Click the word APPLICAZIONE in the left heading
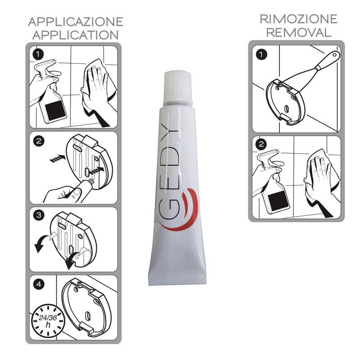pos(76,22)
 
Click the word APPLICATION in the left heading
pos(76,35)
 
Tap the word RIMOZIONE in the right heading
pos(298,19)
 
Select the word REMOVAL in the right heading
pos(298,32)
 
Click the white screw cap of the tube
pos(177,88)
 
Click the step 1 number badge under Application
pos(38,54)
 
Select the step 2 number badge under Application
pos(38,141)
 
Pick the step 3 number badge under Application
pos(39,216)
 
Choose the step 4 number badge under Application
pos(39,284)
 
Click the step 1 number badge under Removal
pos(261,54)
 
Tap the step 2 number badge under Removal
pos(261,144)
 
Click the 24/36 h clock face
pos(48,320)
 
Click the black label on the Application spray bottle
pos(54,110)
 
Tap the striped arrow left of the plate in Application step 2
pos(58,158)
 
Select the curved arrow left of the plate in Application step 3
pos(42,243)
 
